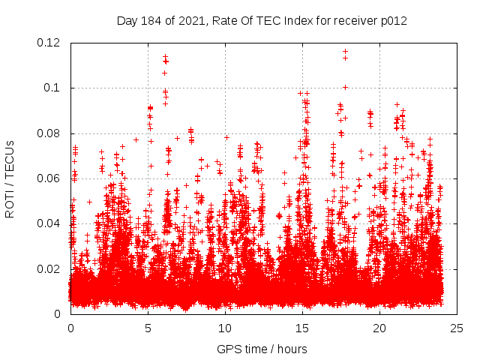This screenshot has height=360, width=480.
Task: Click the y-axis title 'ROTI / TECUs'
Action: click(10, 178)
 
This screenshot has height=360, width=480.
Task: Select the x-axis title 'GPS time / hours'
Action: click(262, 349)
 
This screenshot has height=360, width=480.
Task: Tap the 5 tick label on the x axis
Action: click(148, 328)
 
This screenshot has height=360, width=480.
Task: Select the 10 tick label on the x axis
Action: click(225, 328)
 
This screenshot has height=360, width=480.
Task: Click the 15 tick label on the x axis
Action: click(302, 328)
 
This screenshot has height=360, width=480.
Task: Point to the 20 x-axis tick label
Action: click(380, 328)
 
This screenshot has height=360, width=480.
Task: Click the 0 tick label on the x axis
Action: click(70, 328)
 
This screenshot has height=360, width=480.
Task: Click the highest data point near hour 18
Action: click(345, 52)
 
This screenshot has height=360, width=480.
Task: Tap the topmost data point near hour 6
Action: click(165, 56)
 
